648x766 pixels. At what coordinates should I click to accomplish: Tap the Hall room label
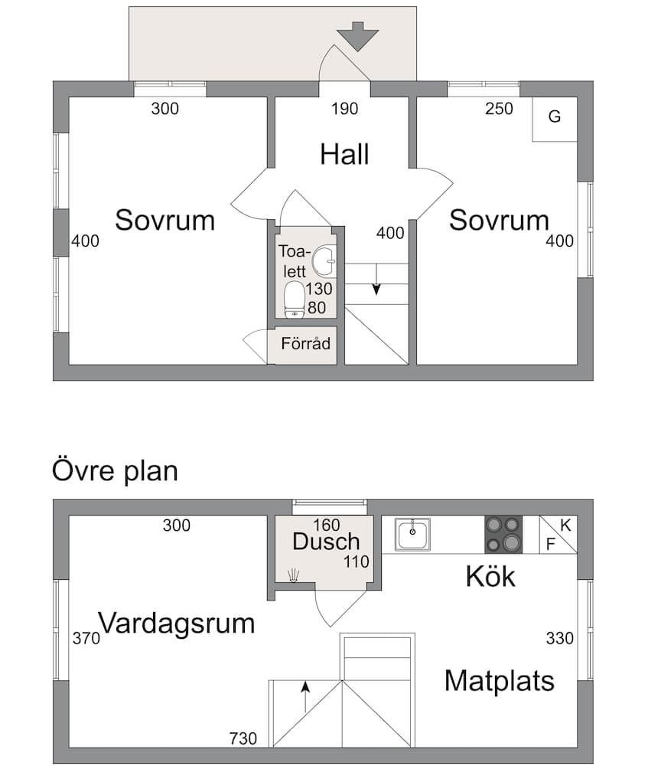pos(344,154)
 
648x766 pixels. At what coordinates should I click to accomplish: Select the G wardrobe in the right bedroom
pos(555,117)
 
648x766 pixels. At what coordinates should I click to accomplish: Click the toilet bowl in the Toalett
pos(294,299)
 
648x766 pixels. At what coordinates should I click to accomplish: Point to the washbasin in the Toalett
pos(325,260)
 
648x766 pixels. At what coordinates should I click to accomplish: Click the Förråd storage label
pos(305,343)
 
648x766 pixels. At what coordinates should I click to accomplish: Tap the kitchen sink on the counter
pos(412,534)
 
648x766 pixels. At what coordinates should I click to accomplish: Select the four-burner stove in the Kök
pos(503,534)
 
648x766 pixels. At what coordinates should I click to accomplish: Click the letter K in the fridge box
pos(565,525)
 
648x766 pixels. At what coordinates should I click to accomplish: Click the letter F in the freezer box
pos(549,544)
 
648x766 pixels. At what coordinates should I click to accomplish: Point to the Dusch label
pos(326,541)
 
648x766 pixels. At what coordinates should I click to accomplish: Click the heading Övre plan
pos(115,470)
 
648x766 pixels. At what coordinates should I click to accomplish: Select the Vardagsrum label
pos(176,623)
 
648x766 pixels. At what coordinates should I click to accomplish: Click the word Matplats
pos(499,680)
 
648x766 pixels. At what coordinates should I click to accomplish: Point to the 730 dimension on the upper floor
pos(243,738)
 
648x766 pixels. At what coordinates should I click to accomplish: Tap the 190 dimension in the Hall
pos(344,109)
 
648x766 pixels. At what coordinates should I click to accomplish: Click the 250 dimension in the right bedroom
pos(499,109)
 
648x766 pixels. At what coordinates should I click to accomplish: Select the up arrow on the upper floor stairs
pos(305,696)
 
